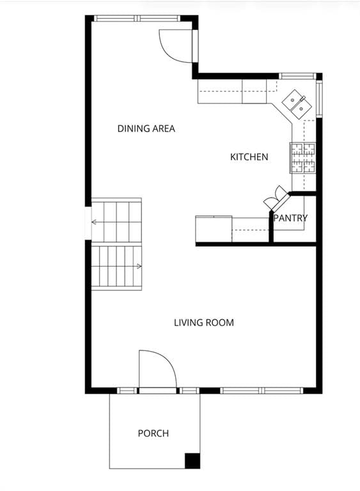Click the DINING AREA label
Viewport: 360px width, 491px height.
point(146,129)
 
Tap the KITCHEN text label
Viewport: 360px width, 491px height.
point(249,157)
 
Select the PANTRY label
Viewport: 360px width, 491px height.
point(290,218)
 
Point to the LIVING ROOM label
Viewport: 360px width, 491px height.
point(204,322)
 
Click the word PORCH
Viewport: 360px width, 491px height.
point(153,433)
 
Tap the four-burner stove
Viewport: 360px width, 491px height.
point(302,157)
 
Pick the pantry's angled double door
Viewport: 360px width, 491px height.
point(276,199)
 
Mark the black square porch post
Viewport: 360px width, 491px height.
point(192,460)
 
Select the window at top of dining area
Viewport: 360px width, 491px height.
point(137,19)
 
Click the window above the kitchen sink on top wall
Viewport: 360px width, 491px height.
point(297,76)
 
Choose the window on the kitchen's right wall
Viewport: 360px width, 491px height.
point(319,98)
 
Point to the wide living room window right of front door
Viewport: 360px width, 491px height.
point(262,391)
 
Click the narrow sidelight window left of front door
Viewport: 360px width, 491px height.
point(127,391)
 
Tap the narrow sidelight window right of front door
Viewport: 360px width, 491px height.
point(189,391)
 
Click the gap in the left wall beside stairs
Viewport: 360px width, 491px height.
point(88,223)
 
